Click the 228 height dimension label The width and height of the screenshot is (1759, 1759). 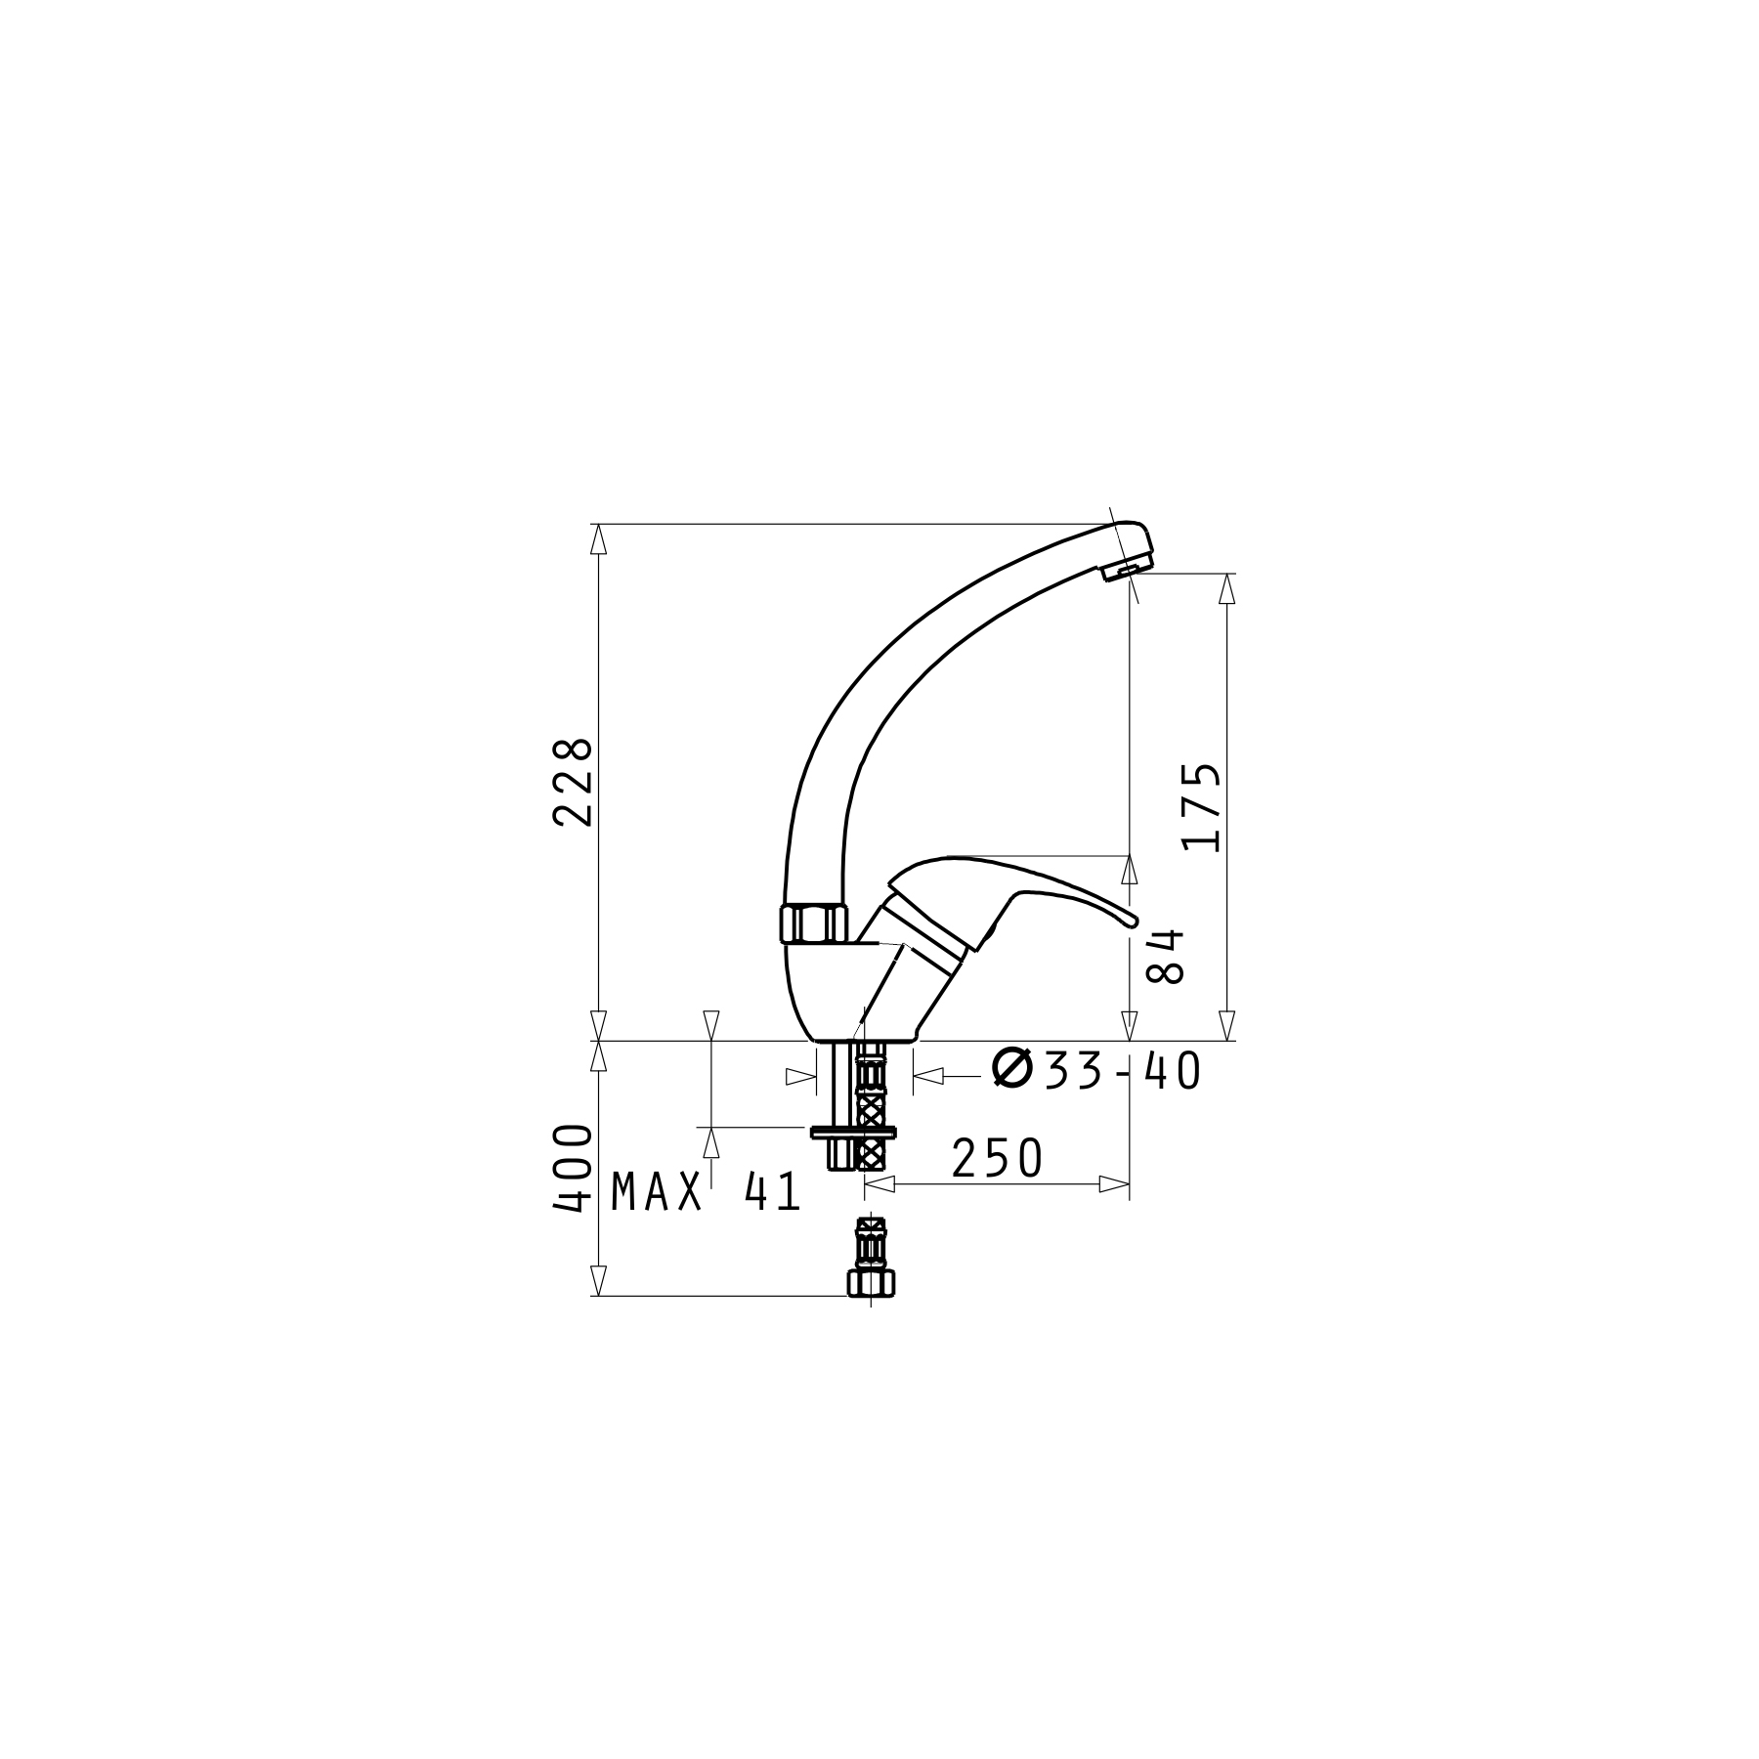click(573, 783)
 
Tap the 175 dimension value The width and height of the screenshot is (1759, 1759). click(1201, 807)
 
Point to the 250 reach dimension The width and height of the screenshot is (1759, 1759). click(997, 1159)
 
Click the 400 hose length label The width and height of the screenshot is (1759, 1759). click(573, 1169)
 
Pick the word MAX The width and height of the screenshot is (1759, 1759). click(657, 1192)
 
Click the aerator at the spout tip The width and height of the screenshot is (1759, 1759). click(1127, 570)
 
